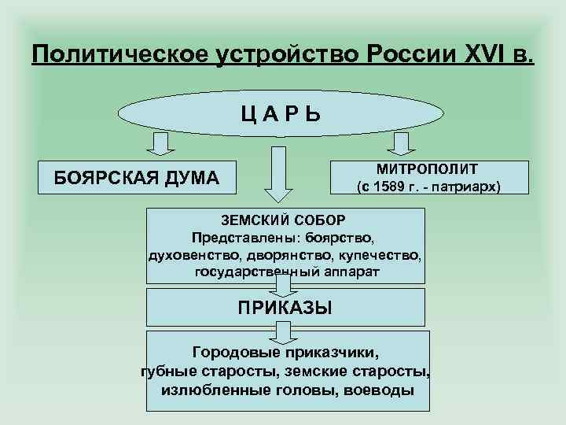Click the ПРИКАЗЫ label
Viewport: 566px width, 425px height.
pos(285,307)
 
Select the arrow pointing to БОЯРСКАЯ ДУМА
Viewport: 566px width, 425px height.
pos(160,145)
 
